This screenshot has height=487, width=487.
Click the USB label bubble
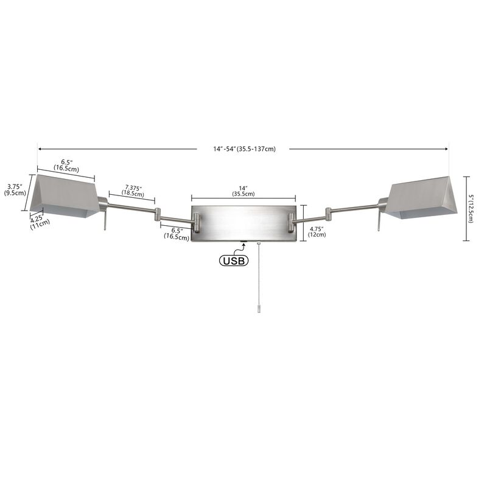point(234,261)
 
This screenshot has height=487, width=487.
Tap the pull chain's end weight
point(259,309)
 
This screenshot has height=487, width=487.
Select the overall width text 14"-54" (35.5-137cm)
point(244,149)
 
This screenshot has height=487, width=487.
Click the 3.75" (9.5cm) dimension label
point(15,190)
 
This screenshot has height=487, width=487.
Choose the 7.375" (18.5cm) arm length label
point(133,191)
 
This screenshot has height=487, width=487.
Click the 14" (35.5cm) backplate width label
point(243,191)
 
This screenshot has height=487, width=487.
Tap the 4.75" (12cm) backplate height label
point(317,232)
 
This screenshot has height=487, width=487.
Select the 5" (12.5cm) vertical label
point(471,209)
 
